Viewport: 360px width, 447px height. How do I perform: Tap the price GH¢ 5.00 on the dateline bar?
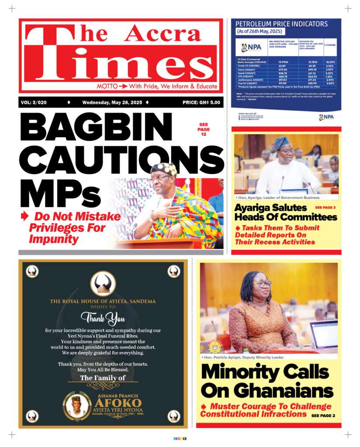point(201,103)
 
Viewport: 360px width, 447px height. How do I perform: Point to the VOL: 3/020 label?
point(34,103)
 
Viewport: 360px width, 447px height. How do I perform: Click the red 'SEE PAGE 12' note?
point(204,129)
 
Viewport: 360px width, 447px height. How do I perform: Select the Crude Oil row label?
point(246,66)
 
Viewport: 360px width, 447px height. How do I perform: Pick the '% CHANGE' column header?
point(330,45)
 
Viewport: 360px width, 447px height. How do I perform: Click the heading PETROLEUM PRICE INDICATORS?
point(281,24)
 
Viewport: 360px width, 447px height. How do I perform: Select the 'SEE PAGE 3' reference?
point(325,208)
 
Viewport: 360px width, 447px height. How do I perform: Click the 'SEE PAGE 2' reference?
point(323,416)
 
